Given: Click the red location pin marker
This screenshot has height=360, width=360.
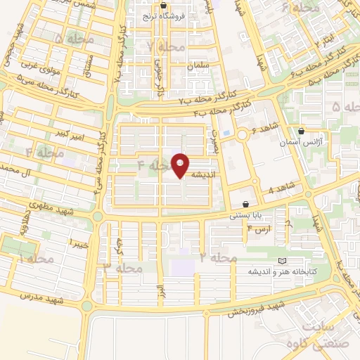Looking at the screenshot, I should (181, 165).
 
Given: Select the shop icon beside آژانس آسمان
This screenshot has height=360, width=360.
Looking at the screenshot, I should (302, 131).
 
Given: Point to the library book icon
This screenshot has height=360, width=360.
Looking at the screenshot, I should (283, 261).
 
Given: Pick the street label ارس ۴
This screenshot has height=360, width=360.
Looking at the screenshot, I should (259, 230).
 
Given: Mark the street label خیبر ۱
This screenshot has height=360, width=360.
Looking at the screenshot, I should (77, 243).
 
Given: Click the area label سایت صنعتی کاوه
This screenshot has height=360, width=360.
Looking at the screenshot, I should (320, 335).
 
